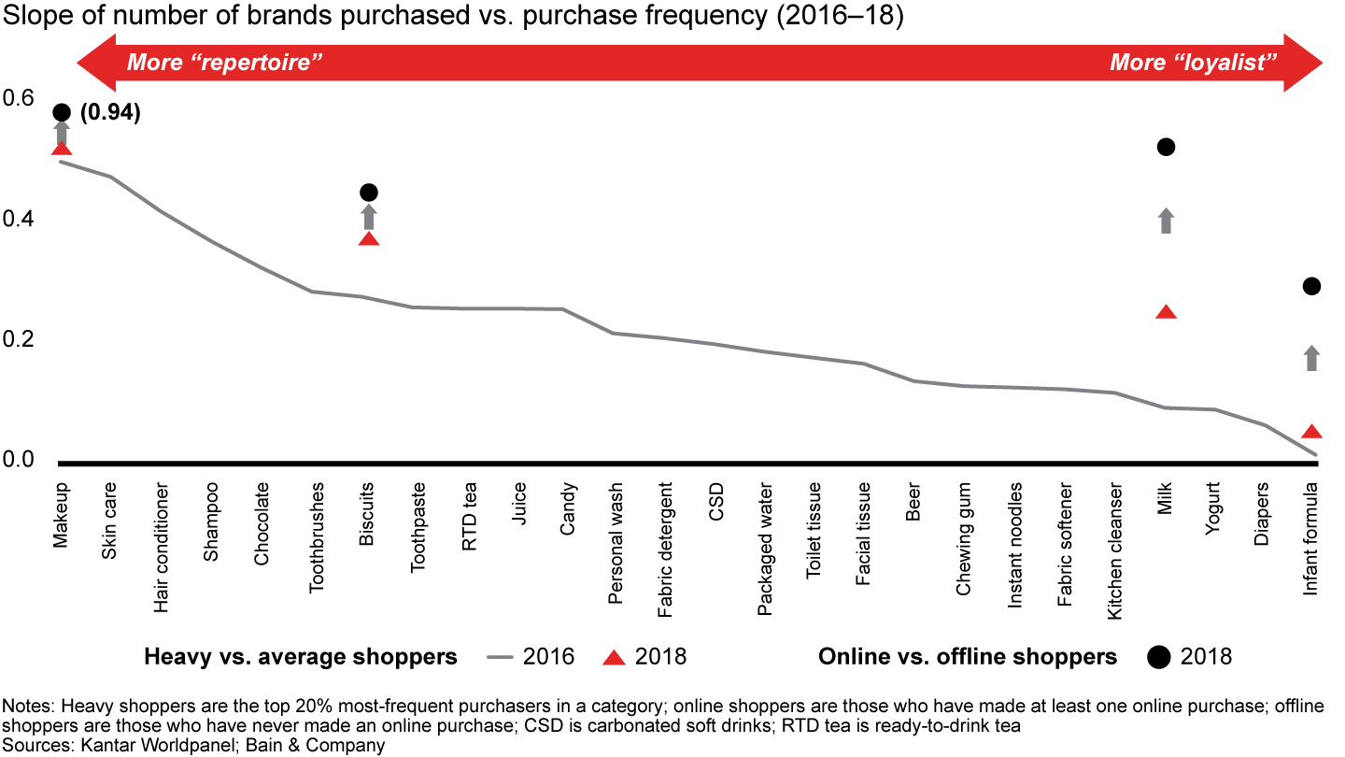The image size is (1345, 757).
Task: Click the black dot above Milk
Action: pyautogui.click(x=1166, y=147)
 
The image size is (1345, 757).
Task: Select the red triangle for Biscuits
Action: pyautogui.click(x=369, y=239)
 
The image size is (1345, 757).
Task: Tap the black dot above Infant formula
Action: pyautogui.click(x=1311, y=286)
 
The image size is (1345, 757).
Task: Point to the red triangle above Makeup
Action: pyautogui.click(x=62, y=149)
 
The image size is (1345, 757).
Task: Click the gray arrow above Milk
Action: pyautogui.click(x=1166, y=221)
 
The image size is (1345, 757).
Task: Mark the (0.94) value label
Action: pyautogui.click(x=110, y=113)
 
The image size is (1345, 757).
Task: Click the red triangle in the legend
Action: pyautogui.click(x=614, y=658)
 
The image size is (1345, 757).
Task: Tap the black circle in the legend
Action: pyautogui.click(x=1159, y=657)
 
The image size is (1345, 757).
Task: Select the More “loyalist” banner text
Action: pyautogui.click(x=1194, y=64)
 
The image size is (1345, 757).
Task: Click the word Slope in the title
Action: pyautogui.click(x=30, y=19)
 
